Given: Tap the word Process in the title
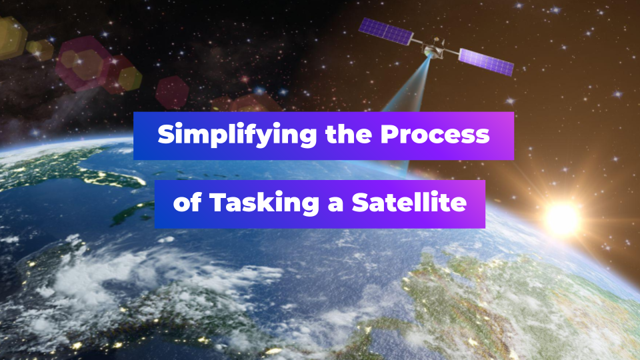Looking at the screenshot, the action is [435, 134].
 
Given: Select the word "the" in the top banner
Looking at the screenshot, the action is [349, 134].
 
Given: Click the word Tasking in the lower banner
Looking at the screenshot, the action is [264, 203].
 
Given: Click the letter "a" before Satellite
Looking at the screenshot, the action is [335, 205].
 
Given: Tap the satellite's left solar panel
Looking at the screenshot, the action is [386, 31].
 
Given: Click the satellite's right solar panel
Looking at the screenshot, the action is [486, 62].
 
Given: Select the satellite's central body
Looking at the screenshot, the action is [434, 47].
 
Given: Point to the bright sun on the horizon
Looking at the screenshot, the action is [563, 219].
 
